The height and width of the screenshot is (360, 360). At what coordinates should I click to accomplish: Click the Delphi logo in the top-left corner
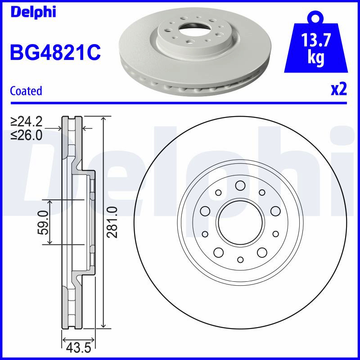pos(33,12)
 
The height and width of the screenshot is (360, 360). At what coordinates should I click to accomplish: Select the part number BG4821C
pos(55,52)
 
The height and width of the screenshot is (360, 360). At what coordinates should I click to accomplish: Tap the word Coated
pos(26,91)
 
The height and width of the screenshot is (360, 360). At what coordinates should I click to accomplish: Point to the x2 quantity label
pos(339,90)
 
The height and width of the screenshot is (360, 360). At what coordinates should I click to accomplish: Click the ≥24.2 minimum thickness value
pos(27,121)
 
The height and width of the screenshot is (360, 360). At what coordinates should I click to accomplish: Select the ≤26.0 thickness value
pos(27,135)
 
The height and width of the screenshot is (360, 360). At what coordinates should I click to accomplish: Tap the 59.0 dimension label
pos(43,223)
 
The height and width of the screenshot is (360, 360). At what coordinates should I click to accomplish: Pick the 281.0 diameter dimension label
pos(113,222)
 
